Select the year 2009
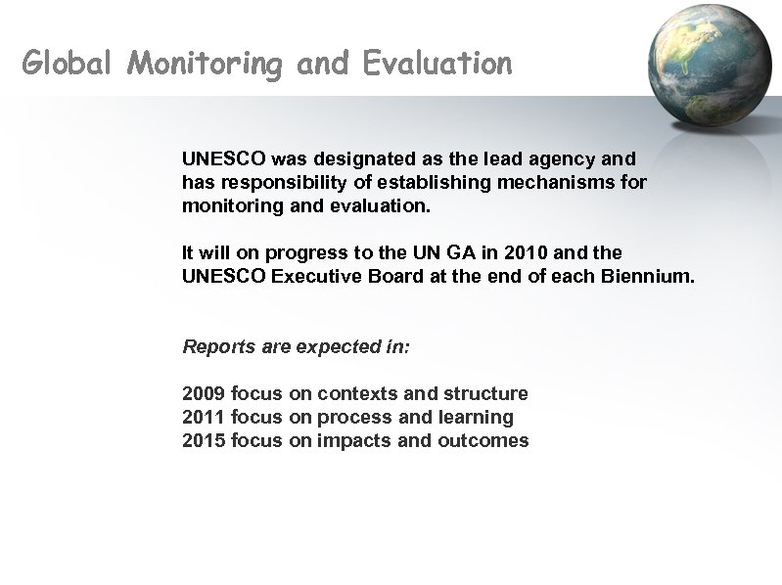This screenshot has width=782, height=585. point(204,393)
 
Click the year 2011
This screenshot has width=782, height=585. point(204,417)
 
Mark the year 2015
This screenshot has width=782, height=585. point(204,440)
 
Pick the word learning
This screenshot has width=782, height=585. point(477,418)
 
